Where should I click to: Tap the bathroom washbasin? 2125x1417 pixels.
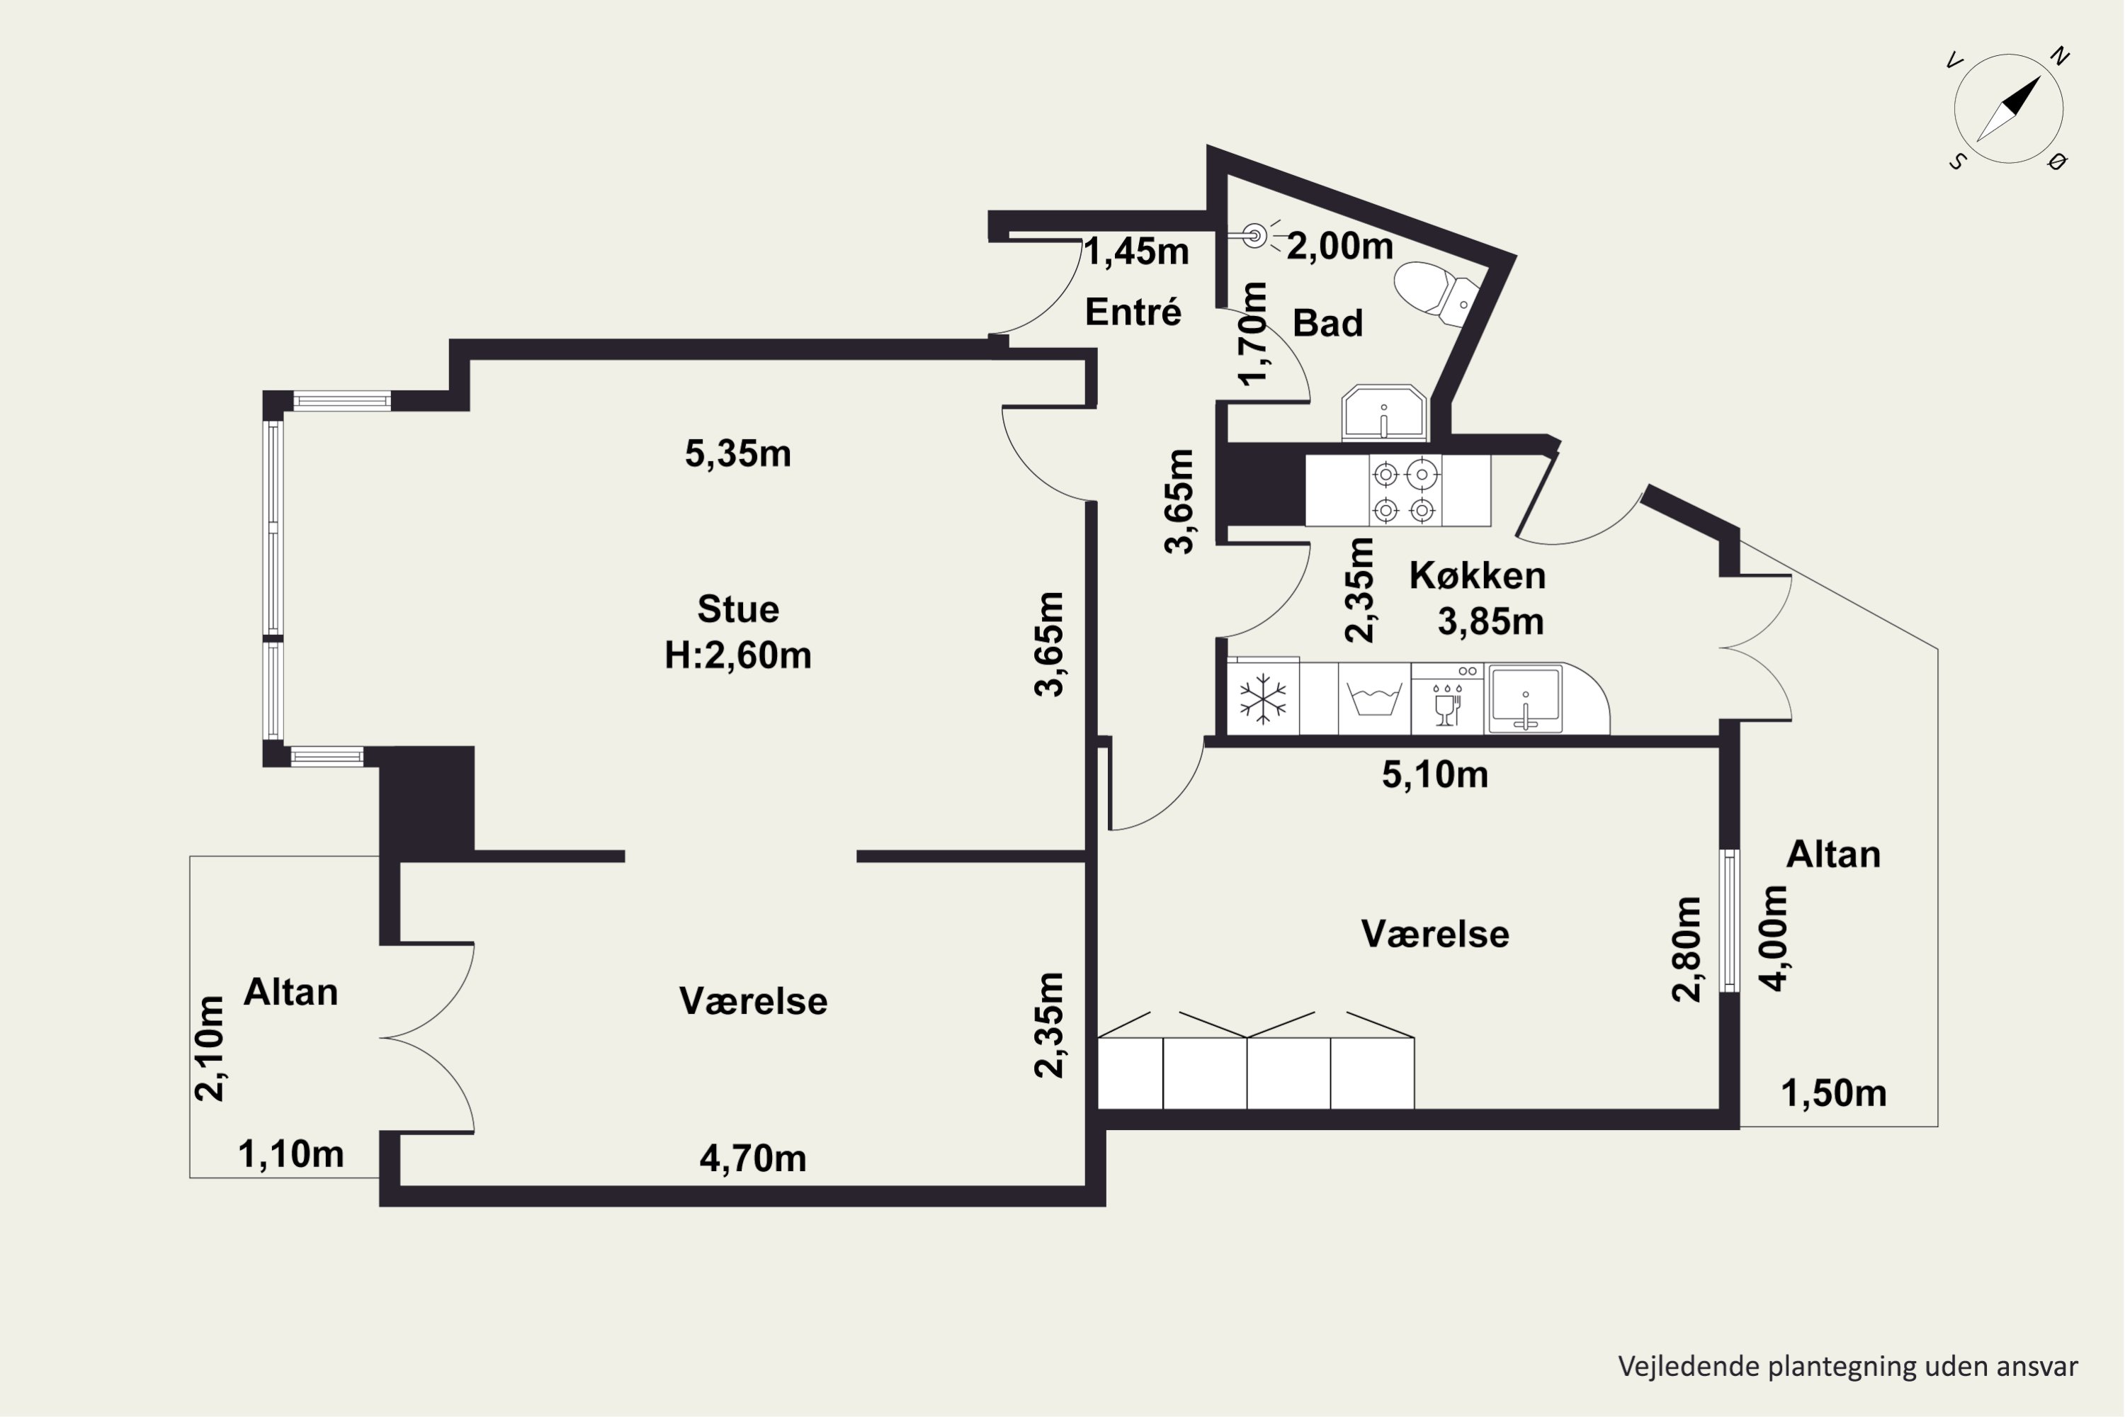(x=1384, y=414)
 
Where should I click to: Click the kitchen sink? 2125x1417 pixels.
(x=1525, y=699)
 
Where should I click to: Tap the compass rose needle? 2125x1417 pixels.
(x=2010, y=108)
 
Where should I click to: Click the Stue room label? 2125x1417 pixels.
(x=738, y=609)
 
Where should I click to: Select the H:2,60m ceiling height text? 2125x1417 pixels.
(x=738, y=655)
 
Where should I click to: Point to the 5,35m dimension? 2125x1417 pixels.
(x=738, y=453)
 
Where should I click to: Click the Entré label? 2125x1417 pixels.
(x=1133, y=312)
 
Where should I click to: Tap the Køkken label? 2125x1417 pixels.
(x=1477, y=575)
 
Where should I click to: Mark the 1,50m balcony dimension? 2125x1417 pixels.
(x=1834, y=1093)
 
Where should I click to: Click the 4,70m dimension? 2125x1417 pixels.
(x=752, y=1158)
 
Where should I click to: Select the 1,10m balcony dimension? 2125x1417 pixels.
(x=291, y=1154)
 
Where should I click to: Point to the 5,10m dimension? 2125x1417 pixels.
(x=1435, y=774)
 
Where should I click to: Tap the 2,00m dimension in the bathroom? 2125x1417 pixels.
(x=1340, y=246)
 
